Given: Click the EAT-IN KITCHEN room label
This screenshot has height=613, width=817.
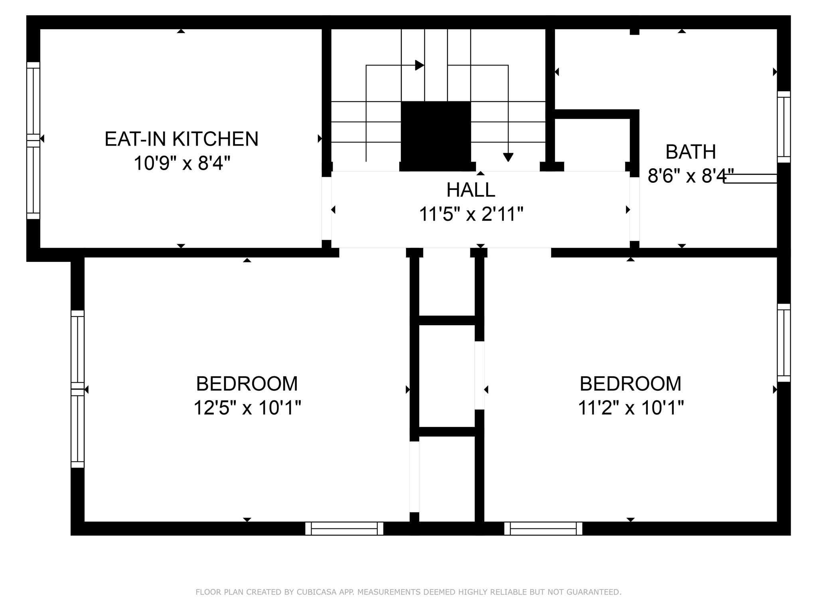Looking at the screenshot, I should [182, 139].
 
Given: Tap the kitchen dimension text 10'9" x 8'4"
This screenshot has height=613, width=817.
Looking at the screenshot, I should [182, 163].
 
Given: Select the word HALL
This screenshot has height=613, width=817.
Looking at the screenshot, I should [471, 190].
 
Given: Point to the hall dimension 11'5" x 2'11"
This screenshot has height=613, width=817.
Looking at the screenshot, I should [471, 214].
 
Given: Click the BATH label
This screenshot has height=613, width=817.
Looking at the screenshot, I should [691, 152].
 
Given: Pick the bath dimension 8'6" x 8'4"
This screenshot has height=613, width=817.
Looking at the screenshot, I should [691, 176].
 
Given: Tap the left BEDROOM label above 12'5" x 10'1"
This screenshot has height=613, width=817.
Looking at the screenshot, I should [247, 384].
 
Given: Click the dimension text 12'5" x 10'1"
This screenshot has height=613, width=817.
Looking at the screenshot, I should [247, 408].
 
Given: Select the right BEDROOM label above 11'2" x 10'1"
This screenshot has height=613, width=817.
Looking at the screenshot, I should [630, 384].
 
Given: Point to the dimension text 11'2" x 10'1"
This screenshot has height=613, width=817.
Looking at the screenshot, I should [630, 408].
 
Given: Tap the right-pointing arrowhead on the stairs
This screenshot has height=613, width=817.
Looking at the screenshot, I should [419, 65].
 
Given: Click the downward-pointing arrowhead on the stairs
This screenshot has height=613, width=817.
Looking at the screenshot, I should [508, 157].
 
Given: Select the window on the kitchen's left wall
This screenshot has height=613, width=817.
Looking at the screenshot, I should [34, 140].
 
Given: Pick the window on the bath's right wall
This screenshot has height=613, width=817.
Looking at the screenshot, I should [784, 127].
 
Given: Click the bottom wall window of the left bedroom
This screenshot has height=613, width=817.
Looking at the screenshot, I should [344, 528].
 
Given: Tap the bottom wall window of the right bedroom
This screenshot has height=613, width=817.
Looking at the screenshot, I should [543, 528].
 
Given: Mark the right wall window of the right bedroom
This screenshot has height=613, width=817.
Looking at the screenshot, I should [784, 343].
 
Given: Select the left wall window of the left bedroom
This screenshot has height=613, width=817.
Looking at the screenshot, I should [78, 389].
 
